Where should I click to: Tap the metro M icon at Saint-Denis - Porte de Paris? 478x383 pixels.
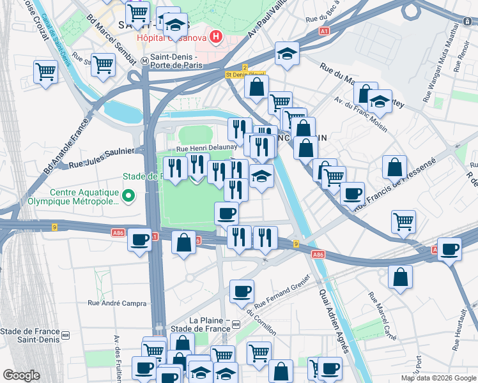tap(145, 61)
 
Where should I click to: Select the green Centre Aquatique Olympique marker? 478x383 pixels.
tap(128, 195)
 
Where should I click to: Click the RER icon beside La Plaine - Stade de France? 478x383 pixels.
tap(236, 324)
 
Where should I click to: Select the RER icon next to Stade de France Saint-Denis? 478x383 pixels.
tap(65, 334)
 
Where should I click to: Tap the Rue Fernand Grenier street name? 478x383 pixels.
tap(281, 291)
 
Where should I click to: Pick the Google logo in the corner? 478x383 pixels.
tap(21, 375)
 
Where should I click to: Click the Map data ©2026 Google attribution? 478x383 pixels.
tap(438, 378)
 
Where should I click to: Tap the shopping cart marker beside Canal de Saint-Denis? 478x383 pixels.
tap(45, 72)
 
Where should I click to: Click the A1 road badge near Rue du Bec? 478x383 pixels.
tap(325, 30)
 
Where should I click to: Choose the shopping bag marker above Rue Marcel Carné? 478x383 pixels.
tap(400, 277)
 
